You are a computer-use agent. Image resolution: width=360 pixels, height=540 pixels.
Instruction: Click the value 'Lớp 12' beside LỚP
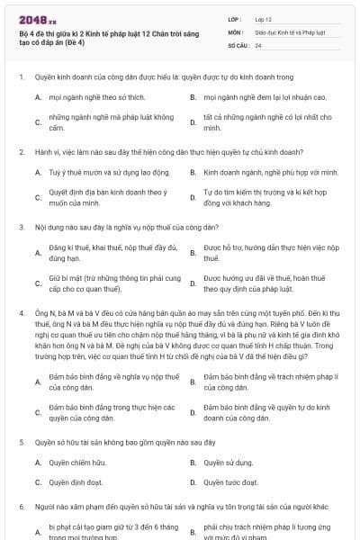(265, 18)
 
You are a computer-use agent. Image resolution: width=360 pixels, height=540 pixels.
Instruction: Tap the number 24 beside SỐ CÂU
(258, 45)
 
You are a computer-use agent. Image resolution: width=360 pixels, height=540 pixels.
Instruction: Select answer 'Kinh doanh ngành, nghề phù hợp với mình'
(270, 171)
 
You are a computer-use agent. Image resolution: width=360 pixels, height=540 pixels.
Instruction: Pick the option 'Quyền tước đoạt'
(230, 481)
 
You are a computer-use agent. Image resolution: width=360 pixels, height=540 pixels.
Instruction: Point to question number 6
(21, 508)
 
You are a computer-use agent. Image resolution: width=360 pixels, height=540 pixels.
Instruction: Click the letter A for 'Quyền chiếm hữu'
(38, 463)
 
